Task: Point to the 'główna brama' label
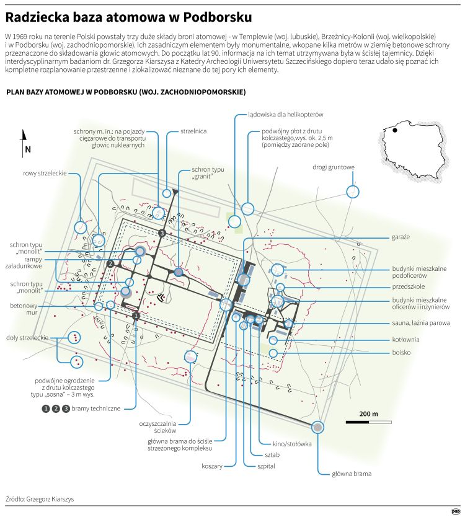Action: point(352,474)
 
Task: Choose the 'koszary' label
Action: point(212,466)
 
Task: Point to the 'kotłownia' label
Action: point(406,340)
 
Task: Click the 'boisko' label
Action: point(402,352)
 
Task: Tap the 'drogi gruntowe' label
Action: point(334,167)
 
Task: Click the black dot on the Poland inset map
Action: point(394,131)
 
